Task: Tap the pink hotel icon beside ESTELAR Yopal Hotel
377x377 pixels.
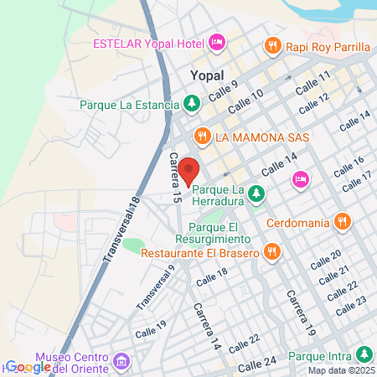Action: click(217, 42)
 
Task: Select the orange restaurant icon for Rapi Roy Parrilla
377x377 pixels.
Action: click(271, 46)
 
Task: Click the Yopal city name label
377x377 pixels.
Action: click(207, 75)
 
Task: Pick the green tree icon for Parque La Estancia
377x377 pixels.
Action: click(192, 105)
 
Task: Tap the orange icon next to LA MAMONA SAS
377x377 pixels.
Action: click(201, 137)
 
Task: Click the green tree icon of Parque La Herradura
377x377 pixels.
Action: click(256, 194)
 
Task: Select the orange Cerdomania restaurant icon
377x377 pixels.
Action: click(341, 222)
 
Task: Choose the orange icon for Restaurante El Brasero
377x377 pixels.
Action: click(271, 251)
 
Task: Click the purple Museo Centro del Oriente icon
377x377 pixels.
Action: click(122, 360)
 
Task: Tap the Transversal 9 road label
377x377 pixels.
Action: click(155, 286)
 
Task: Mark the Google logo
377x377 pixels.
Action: click(28, 366)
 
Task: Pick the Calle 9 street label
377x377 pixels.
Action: click(224, 90)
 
